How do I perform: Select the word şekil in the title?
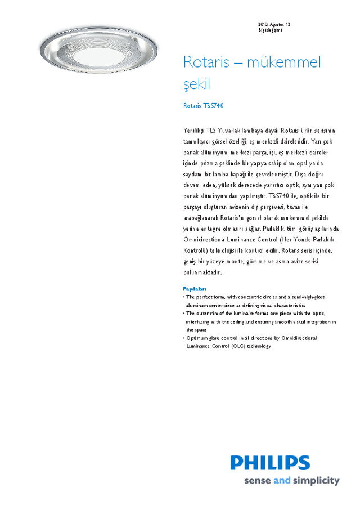coord(196,85)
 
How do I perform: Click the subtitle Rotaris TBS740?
coord(204,106)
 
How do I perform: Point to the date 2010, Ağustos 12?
coord(274,25)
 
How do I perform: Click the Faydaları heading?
coord(195,289)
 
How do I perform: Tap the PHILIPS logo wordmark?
coord(270,463)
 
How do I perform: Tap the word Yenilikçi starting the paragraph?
coord(193,131)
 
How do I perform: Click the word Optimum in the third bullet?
coord(196,338)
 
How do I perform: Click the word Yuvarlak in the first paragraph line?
coord(231,131)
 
